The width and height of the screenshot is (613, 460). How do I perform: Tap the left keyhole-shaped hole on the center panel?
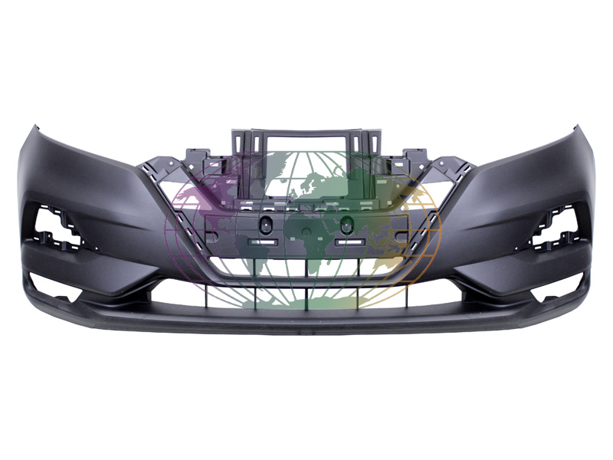point(265,225)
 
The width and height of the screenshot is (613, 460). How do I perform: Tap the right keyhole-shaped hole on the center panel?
point(346,225)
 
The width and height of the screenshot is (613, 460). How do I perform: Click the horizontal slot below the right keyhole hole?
point(349,242)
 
